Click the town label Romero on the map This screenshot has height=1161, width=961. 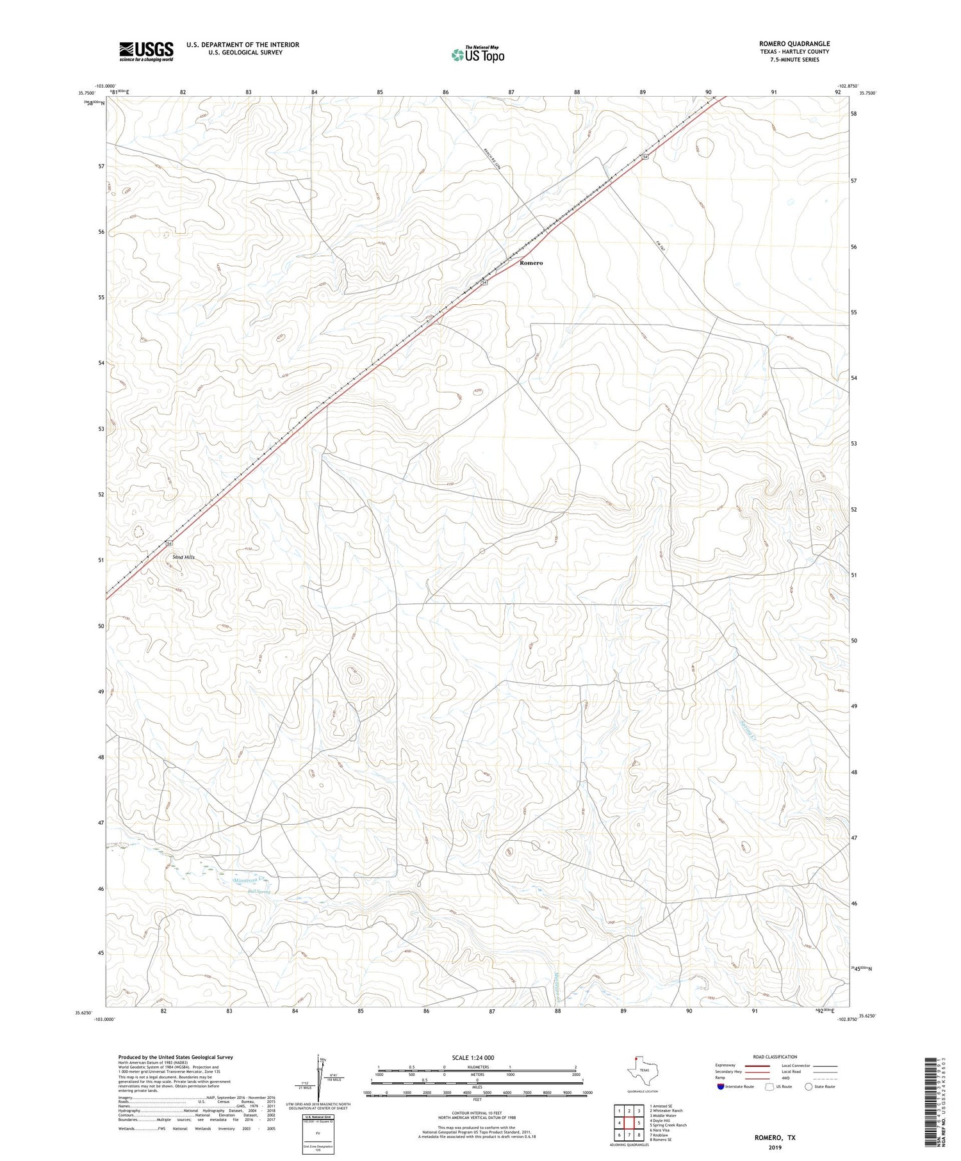pyautogui.click(x=531, y=263)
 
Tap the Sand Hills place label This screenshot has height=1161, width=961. pyautogui.click(x=184, y=557)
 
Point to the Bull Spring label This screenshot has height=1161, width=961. pyautogui.click(x=260, y=891)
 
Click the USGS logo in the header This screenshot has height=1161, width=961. pyautogui.click(x=146, y=51)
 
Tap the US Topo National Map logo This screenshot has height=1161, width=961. pyautogui.click(x=477, y=54)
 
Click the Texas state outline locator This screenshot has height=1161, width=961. pyautogui.click(x=640, y=1069)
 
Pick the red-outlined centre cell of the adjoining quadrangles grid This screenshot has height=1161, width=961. pyautogui.click(x=629, y=1123)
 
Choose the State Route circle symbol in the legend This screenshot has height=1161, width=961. pyautogui.click(x=809, y=1087)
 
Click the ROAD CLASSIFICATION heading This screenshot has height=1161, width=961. pyautogui.click(x=774, y=1057)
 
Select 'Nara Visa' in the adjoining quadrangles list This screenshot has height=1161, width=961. pyautogui.click(x=659, y=1130)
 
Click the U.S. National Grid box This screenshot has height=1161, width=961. pyautogui.click(x=318, y=1134)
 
